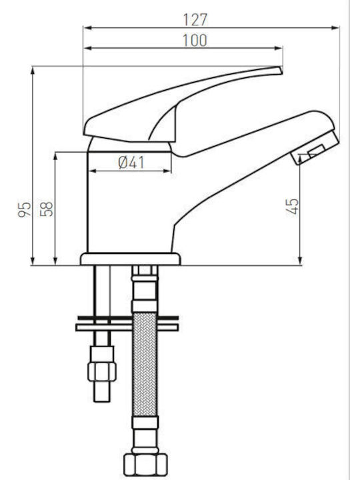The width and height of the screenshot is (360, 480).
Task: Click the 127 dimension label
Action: click(x=195, y=19)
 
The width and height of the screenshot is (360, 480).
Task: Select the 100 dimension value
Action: click(x=195, y=41)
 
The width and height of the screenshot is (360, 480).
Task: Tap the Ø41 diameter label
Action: click(x=131, y=162)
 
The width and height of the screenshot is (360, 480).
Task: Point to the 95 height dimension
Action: click(x=25, y=209)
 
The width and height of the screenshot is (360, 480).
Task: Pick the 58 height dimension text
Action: click(x=47, y=209)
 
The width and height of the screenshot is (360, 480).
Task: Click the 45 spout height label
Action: click(x=293, y=206)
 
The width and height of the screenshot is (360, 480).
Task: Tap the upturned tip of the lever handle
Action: click(x=279, y=70)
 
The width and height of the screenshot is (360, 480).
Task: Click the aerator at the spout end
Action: click(x=315, y=149)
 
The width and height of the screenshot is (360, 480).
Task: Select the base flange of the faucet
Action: click(x=131, y=259)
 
